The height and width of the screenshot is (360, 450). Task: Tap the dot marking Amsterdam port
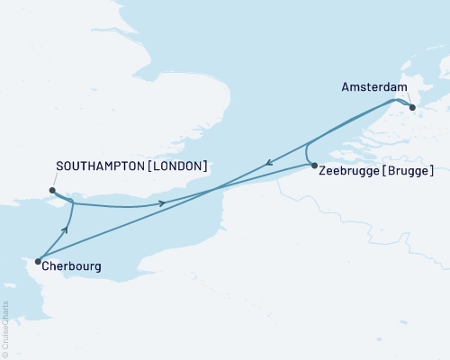click(413, 107)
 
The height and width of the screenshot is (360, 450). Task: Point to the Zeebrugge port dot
click(313, 166)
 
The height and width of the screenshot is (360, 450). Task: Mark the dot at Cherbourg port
click(38, 262)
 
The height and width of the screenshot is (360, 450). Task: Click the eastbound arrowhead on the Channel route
click(162, 203)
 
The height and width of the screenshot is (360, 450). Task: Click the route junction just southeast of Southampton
click(70, 203)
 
